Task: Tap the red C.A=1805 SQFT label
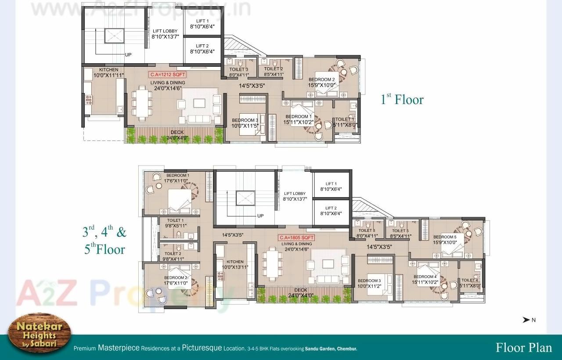(x=297, y=238)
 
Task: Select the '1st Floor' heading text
(x=402, y=99)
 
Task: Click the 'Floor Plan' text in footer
(x=523, y=348)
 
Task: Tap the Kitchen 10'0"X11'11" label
(x=108, y=72)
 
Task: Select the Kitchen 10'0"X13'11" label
(x=235, y=264)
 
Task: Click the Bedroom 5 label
(x=445, y=239)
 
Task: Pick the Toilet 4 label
(x=470, y=283)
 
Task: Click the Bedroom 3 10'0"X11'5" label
(x=245, y=123)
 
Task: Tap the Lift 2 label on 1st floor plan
(x=202, y=48)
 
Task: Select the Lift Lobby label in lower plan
(x=295, y=196)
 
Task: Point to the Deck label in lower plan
(x=301, y=292)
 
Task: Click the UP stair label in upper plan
(x=128, y=55)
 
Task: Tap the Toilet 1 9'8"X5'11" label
(x=175, y=223)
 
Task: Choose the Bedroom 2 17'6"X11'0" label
(x=176, y=280)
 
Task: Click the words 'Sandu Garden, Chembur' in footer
(x=331, y=349)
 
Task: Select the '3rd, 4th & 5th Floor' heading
(x=104, y=240)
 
